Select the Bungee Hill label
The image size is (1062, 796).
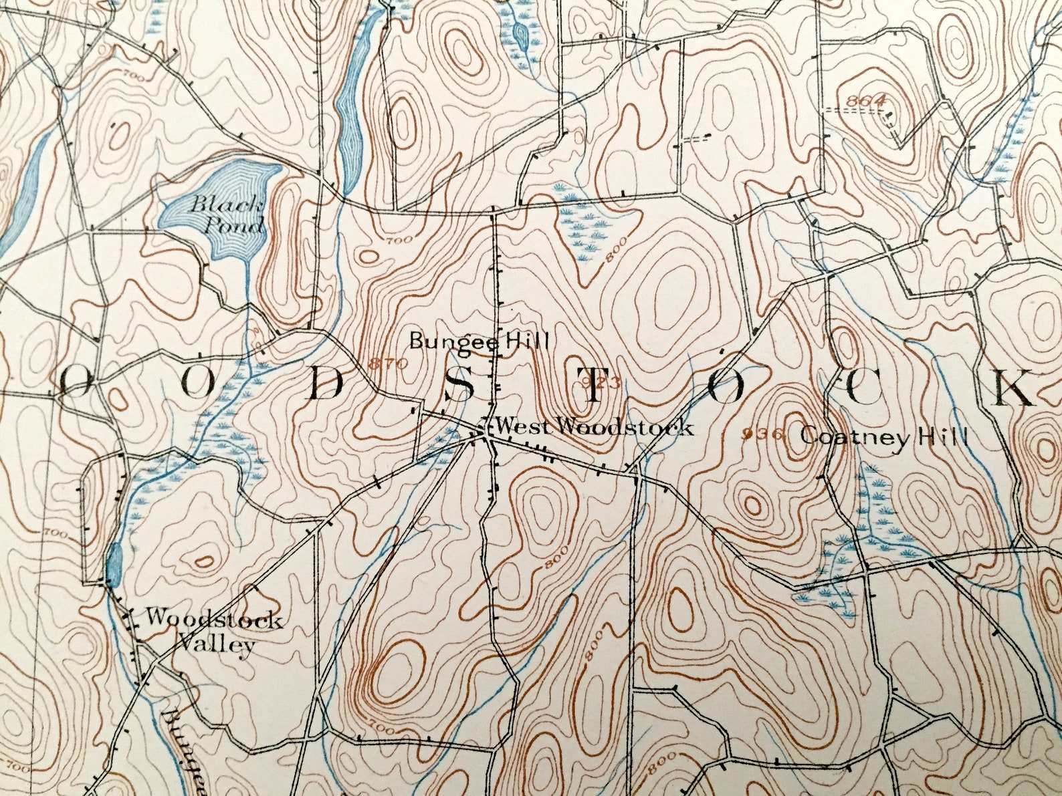479,342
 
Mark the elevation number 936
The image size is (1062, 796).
762,434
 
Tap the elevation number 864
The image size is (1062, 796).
865,101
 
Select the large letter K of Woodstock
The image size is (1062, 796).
1014,388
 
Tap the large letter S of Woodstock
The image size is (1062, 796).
459,386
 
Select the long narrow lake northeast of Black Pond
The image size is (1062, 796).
350,107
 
